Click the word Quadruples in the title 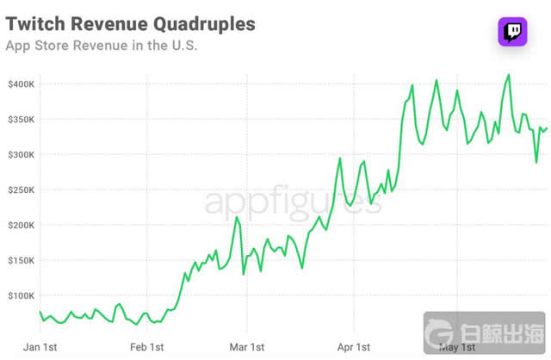click(207, 23)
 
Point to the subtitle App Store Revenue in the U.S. click(102, 46)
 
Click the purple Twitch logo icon click(511, 32)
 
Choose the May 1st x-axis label click(456, 347)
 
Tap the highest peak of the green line click(509, 75)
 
